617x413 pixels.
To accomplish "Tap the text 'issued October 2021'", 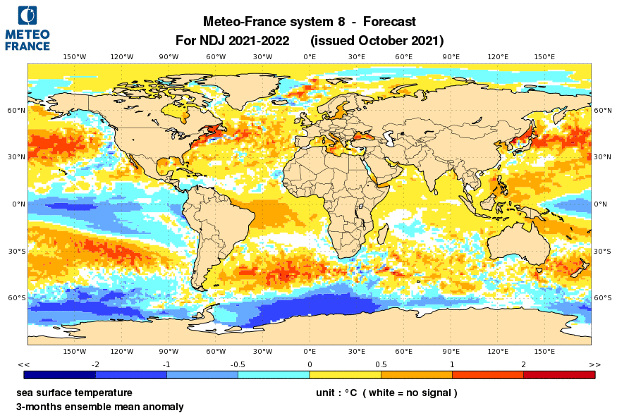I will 377,40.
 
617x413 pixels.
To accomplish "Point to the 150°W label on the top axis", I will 75,56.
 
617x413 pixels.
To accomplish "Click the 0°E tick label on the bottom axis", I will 310,350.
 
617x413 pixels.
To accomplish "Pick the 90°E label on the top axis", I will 451,56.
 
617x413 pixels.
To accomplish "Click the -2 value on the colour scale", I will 95,364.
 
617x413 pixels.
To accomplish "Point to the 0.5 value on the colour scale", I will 381,364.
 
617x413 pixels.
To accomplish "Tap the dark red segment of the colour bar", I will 558,375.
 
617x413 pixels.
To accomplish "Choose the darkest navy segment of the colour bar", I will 59,375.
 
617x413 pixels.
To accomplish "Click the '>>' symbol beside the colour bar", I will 594,364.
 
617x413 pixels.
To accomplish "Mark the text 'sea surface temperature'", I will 74,393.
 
